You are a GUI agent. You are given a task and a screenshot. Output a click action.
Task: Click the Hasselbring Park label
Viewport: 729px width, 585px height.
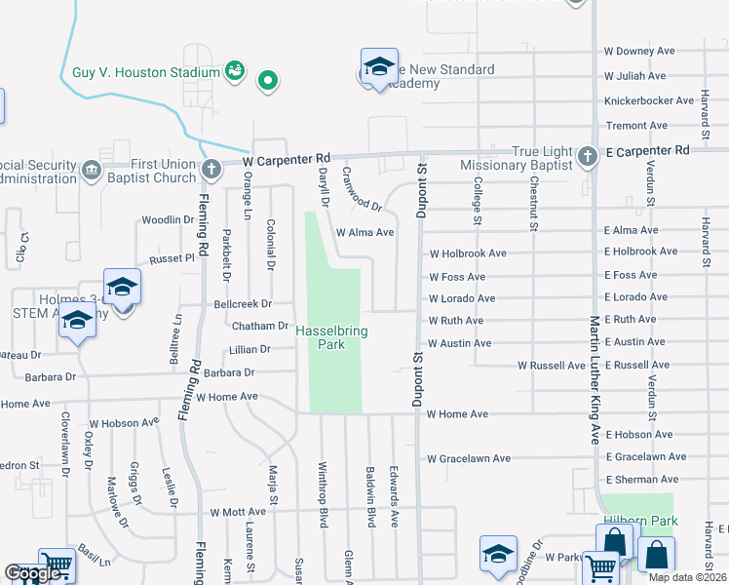point(332,337)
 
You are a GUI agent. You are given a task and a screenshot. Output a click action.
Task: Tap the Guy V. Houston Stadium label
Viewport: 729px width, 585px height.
point(146,72)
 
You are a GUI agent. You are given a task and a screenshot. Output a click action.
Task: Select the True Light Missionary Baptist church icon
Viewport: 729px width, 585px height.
point(587,156)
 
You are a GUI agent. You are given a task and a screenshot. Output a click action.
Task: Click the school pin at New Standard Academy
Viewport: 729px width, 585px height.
point(379,67)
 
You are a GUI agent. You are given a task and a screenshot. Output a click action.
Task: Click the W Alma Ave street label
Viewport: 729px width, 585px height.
point(364,232)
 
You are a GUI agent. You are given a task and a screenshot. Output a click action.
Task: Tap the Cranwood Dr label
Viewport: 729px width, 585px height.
point(362,188)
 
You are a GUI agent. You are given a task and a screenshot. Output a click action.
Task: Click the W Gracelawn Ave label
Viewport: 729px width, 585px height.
point(469,458)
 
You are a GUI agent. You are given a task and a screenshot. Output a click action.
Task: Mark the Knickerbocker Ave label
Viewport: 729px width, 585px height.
point(646,100)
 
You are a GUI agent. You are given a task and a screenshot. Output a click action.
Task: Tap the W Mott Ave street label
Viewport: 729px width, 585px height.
point(238,511)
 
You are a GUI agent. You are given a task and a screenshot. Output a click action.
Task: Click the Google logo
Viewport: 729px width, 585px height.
point(33,574)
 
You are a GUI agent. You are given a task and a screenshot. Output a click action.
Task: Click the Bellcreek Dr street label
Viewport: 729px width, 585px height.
point(242,305)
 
